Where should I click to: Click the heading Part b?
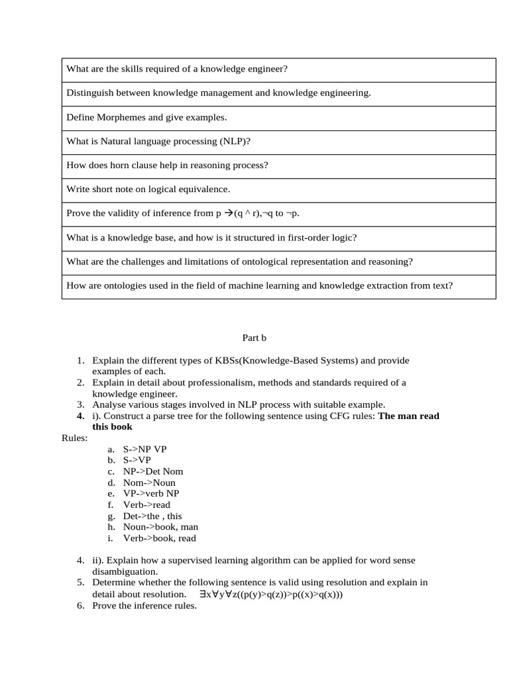(x=254, y=338)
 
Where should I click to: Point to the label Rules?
(x=74, y=438)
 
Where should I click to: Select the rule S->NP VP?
(x=144, y=449)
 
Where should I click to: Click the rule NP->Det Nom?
(x=153, y=471)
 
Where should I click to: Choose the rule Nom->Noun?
(x=149, y=483)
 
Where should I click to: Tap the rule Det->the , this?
(x=152, y=516)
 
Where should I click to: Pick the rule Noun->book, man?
(x=160, y=527)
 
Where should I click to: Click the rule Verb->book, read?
(x=159, y=538)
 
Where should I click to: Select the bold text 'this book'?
(x=112, y=426)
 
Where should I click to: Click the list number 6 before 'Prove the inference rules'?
(x=80, y=605)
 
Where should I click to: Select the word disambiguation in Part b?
(x=125, y=571)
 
